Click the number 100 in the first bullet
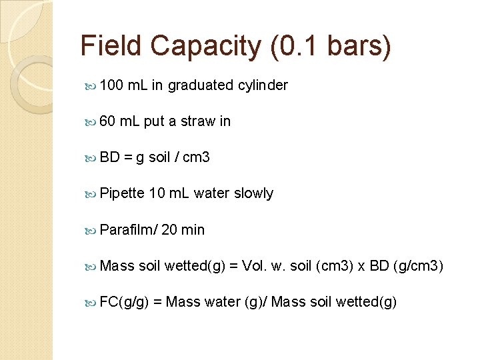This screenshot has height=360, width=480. [111, 85]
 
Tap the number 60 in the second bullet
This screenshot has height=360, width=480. [107, 121]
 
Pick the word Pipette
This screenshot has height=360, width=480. [121, 193]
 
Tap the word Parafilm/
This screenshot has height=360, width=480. [128, 230]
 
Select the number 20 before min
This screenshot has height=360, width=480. [169, 230]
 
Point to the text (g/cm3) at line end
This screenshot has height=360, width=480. [418, 266]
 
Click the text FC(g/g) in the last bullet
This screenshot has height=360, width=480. [123, 302]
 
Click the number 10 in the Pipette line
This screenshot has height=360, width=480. [157, 193]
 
